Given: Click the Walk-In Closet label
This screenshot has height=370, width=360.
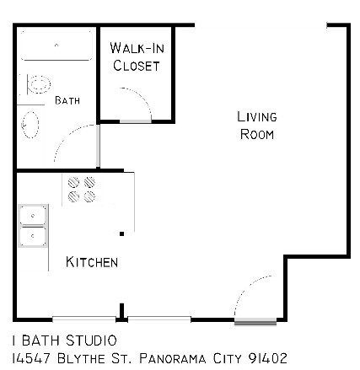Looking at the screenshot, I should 136,56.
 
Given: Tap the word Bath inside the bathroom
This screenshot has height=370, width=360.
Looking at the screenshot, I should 67,100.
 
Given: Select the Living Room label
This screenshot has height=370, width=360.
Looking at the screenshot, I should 257,126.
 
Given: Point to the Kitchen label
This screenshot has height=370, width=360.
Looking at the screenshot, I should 92,262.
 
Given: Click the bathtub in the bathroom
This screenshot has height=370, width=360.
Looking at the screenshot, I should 56,50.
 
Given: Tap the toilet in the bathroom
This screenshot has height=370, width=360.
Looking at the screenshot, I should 38,83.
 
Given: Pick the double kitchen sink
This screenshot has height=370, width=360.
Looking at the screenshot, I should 34,224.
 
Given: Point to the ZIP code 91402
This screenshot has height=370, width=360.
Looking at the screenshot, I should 268,358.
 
